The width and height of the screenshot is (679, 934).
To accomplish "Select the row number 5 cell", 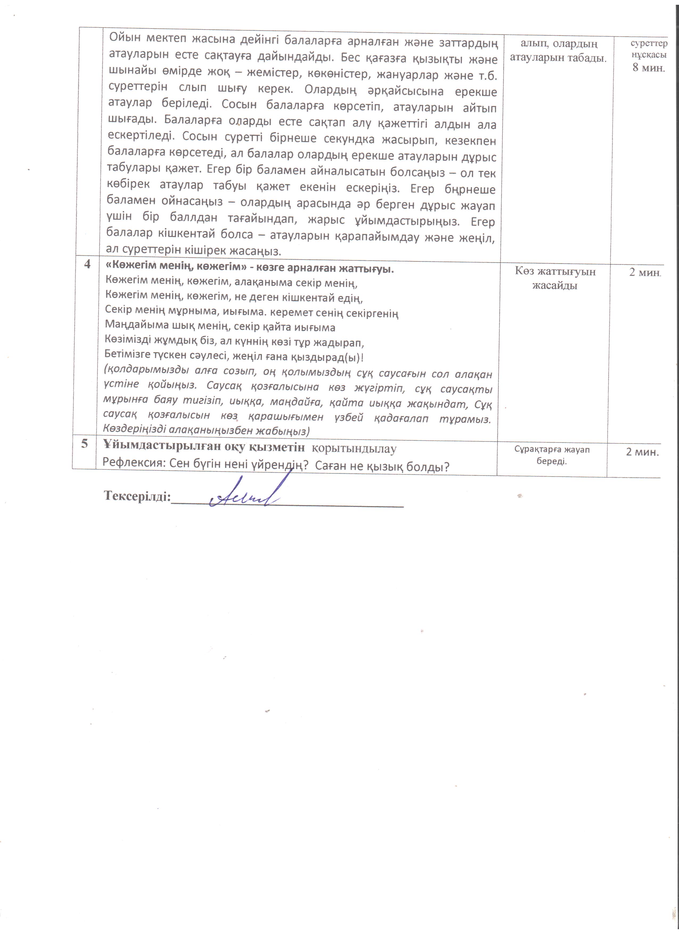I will pyautogui.click(x=84, y=444).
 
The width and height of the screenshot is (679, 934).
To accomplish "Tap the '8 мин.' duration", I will pyautogui.click(x=649, y=68).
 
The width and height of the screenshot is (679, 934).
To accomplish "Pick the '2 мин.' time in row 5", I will pyautogui.click(x=642, y=452).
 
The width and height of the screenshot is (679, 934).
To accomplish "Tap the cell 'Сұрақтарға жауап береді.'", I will pyautogui.click(x=552, y=455).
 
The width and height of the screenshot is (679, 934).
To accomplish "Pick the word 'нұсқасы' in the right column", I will pyautogui.click(x=649, y=55).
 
